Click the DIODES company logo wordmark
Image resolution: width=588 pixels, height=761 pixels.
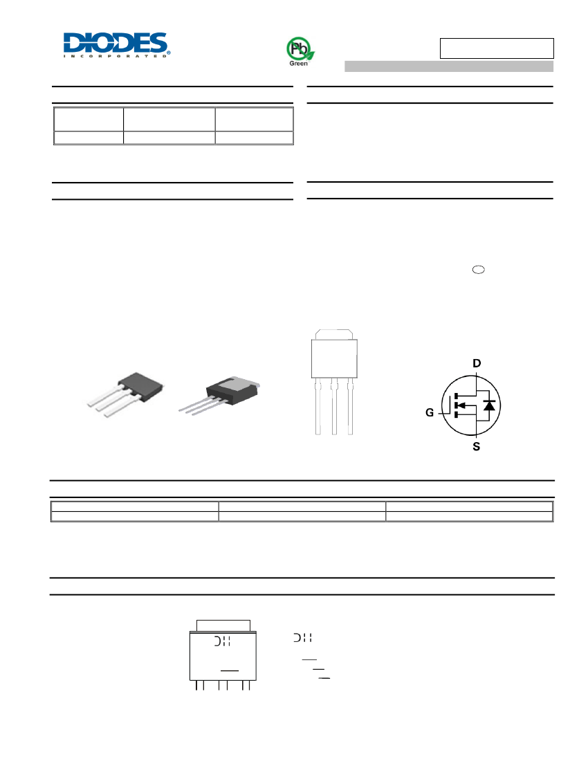coord(116,42)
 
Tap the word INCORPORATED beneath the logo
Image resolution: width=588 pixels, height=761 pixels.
coord(116,56)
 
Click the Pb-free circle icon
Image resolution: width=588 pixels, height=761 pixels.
coord(299,48)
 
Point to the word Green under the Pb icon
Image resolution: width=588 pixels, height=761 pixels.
coord(298,64)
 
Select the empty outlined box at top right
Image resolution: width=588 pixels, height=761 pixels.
coord(497,48)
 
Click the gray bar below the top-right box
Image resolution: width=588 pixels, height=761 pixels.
coord(449,66)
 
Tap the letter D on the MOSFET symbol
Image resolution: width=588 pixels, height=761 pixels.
coord(477,363)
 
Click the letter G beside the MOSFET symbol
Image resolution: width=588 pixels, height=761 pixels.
coord(430,412)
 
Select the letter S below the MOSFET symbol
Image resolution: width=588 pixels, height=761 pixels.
coord(476,446)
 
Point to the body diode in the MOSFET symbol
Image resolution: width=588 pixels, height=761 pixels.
coord(489,405)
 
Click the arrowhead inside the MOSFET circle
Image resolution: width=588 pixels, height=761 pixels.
coord(461,405)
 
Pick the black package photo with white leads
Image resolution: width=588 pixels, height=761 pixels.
coord(125,394)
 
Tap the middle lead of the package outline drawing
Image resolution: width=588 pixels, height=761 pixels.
coord(334,407)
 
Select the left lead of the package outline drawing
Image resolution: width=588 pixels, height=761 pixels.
coord(318,407)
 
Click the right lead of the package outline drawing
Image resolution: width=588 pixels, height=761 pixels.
coord(350,407)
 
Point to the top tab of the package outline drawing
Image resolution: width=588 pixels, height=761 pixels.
coord(334,334)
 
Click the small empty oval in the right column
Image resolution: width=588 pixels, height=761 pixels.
coord(479,270)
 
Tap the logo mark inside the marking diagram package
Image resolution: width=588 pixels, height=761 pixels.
coord(223,641)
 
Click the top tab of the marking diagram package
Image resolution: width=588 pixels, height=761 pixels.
coord(223,625)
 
